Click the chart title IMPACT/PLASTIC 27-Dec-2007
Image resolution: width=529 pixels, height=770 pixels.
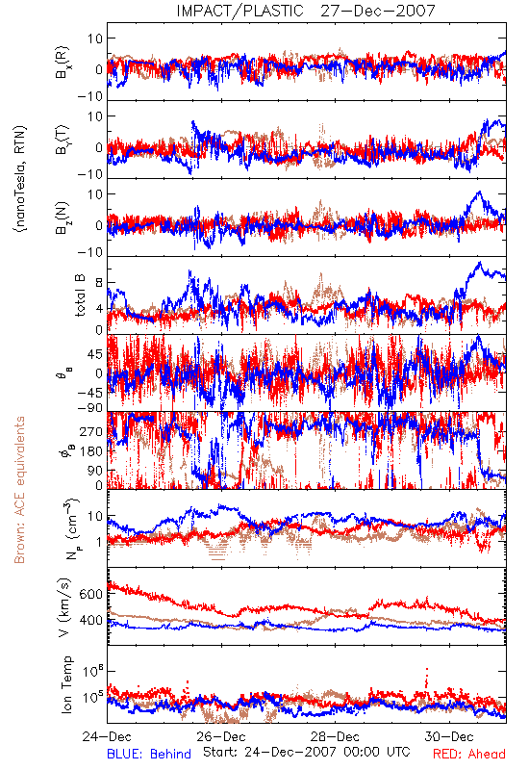pos(306,11)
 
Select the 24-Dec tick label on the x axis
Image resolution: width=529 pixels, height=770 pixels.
pos(107,736)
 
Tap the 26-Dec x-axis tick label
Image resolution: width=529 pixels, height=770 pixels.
pos(221,736)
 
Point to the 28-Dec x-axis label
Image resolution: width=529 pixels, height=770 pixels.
pos(335,736)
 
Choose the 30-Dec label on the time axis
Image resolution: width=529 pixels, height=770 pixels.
pos(449,736)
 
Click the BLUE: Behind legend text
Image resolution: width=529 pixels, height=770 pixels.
pos(149,754)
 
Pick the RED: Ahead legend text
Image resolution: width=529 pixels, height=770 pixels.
pos(469,754)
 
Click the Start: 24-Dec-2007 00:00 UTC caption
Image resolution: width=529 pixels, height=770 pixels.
pos(307,752)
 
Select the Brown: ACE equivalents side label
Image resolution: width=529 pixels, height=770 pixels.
pos(19,490)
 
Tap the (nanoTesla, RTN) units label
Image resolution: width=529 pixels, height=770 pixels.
pos(20,179)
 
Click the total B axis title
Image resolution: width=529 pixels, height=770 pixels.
pos(80,295)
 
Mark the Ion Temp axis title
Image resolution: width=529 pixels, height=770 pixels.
pos(66,684)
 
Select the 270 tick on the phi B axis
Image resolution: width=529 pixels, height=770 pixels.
pos(90,431)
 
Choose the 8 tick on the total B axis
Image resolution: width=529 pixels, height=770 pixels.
pos(99,283)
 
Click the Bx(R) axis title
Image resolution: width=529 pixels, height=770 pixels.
pos(63,63)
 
